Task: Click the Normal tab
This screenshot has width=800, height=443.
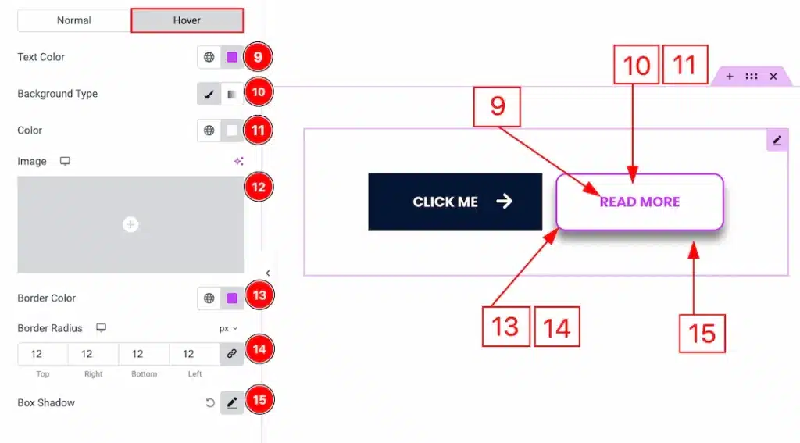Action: (x=74, y=20)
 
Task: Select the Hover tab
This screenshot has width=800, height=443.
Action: (x=187, y=20)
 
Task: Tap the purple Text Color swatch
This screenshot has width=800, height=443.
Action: (x=232, y=57)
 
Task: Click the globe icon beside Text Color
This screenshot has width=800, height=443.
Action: (x=209, y=57)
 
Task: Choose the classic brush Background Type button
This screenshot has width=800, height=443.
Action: (x=209, y=94)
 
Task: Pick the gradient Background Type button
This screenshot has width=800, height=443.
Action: (x=232, y=94)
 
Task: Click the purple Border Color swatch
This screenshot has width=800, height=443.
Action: (x=232, y=298)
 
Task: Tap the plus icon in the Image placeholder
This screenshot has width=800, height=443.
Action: (x=130, y=224)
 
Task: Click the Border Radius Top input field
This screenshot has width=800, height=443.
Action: (x=42, y=354)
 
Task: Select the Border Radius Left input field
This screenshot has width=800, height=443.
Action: (x=195, y=354)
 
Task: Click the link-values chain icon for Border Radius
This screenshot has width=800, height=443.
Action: (x=231, y=354)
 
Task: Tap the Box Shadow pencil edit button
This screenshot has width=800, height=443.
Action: (x=232, y=402)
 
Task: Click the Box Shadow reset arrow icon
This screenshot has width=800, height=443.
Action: (x=209, y=402)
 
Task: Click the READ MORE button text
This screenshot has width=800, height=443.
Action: (x=640, y=202)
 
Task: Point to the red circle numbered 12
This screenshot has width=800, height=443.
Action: (x=259, y=187)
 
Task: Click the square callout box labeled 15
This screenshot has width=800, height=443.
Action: (x=702, y=334)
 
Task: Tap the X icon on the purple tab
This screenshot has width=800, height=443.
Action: (x=773, y=77)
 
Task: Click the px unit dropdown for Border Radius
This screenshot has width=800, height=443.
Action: (x=229, y=329)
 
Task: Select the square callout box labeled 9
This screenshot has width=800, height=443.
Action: (x=497, y=106)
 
